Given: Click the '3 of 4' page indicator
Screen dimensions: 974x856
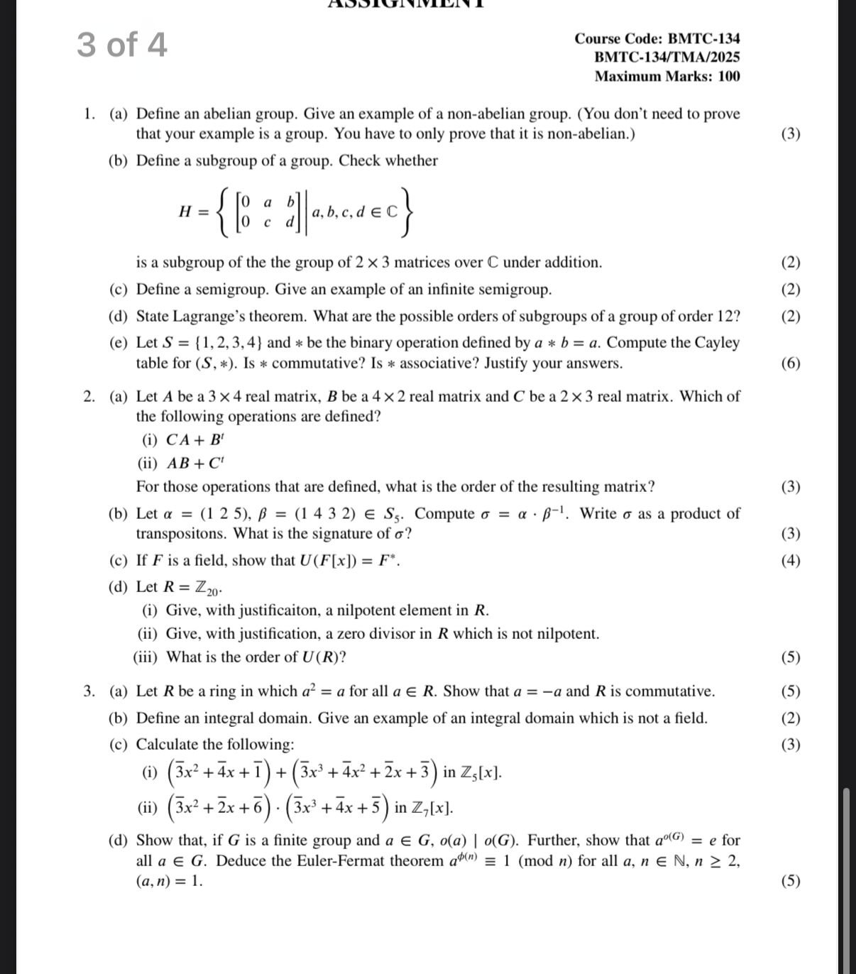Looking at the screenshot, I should click(x=122, y=45).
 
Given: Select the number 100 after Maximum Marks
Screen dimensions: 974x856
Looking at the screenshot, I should click(x=728, y=76).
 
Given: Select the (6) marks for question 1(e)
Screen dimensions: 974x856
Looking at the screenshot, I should click(x=790, y=363).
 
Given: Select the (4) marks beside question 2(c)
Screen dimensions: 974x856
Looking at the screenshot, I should click(x=790, y=560).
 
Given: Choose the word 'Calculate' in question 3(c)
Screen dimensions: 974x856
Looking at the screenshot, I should click(x=167, y=744).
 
